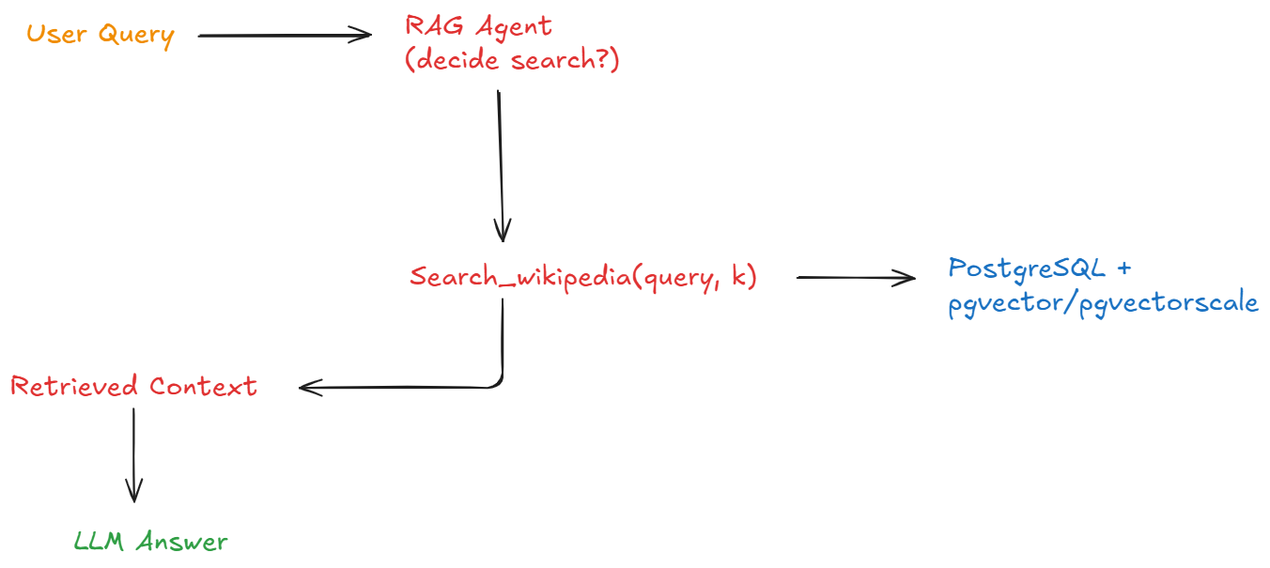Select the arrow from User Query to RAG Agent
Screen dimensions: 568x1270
[x=282, y=36]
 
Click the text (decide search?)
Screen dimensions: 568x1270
[x=512, y=61]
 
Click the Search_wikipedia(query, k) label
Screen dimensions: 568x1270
[x=582, y=278]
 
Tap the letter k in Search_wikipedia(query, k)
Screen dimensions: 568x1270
[x=736, y=277]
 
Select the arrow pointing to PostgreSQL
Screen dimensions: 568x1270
[x=855, y=277]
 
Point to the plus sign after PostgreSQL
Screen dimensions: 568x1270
[x=1123, y=269]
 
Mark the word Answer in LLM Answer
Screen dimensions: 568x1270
[x=181, y=542]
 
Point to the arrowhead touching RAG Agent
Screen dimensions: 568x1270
[x=363, y=36]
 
